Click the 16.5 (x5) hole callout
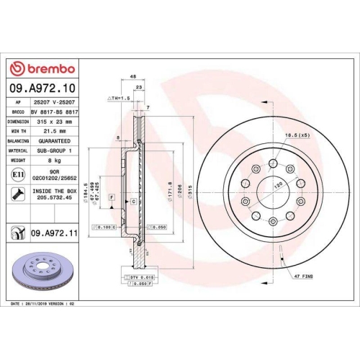click(295, 135)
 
